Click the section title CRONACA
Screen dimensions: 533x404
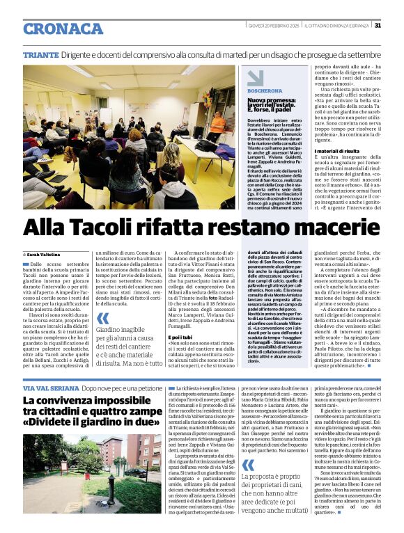coord(63,29)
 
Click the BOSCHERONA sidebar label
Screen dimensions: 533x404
coord(264,90)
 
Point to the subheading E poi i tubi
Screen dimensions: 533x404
coord(180,337)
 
